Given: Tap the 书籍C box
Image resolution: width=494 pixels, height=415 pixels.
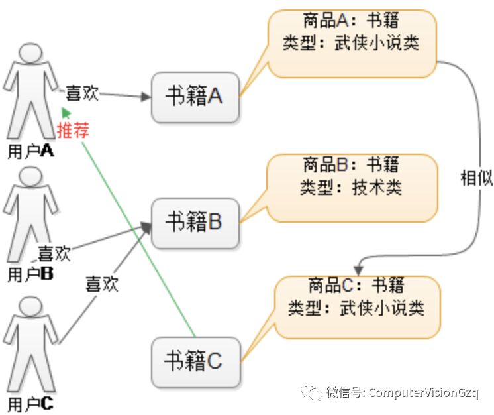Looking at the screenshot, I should tap(194, 362).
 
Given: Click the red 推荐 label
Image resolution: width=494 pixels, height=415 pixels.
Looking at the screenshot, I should tap(73, 129).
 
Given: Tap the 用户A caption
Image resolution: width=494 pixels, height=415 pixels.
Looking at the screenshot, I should tap(30, 151).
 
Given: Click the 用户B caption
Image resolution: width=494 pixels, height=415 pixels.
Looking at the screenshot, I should tap(30, 274).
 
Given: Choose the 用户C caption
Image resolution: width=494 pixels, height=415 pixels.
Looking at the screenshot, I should tap(30, 402).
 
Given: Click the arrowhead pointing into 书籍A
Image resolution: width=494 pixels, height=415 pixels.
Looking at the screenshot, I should tap(146, 97).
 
